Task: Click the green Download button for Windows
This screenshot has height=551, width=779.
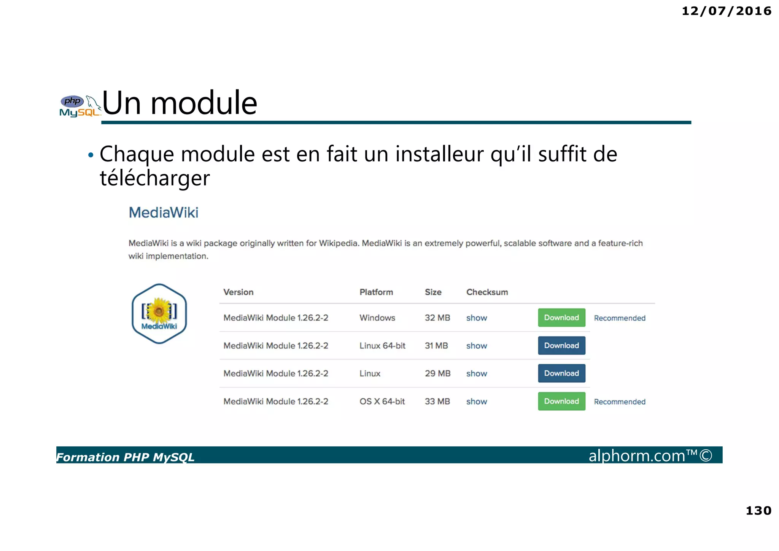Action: pos(561,318)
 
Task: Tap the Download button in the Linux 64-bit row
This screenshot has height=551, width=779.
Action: pos(561,345)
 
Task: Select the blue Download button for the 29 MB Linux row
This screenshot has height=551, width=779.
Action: pos(561,373)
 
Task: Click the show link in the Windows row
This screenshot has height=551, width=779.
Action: pos(476,318)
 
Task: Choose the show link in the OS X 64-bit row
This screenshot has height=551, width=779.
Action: pos(476,401)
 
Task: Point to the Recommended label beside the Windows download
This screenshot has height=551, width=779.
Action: pos(619,318)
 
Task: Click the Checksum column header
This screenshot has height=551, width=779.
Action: pos(487,292)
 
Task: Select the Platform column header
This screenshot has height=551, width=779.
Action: pos(376,292)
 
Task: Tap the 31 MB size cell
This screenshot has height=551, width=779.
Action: pos(436,346)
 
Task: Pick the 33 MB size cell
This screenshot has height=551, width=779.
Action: pos(437,401)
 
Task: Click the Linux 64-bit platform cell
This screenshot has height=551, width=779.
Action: pos(382,346)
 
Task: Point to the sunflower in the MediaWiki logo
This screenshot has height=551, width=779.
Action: pos(159,310)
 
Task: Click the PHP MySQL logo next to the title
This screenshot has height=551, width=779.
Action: pos(79,106)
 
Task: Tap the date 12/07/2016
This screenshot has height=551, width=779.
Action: pos(726,11)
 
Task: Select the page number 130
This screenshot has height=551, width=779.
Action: pos(758,511)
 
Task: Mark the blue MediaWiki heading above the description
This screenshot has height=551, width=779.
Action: pos(164,212)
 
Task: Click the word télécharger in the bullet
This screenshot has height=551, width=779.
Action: pos(154,178)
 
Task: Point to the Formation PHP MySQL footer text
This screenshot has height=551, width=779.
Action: pos(126,457)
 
